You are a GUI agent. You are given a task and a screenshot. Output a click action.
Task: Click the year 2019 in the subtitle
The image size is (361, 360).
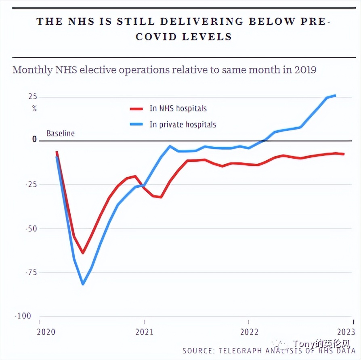305,70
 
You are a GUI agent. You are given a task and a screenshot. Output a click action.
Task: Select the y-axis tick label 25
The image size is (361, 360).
32,96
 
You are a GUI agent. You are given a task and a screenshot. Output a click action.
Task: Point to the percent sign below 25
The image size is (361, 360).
34,108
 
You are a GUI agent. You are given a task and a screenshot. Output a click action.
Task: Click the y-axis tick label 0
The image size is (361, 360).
34,139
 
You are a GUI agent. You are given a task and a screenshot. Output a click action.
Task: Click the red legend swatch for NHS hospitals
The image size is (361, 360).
136,109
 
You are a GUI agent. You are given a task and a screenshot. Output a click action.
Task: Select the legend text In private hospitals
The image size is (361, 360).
183,124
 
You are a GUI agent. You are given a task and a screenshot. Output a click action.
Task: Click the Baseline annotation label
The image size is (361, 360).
61,133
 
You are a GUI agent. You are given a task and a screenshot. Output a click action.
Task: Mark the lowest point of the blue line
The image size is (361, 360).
83,284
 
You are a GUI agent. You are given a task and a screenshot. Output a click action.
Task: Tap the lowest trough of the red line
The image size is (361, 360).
83,253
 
